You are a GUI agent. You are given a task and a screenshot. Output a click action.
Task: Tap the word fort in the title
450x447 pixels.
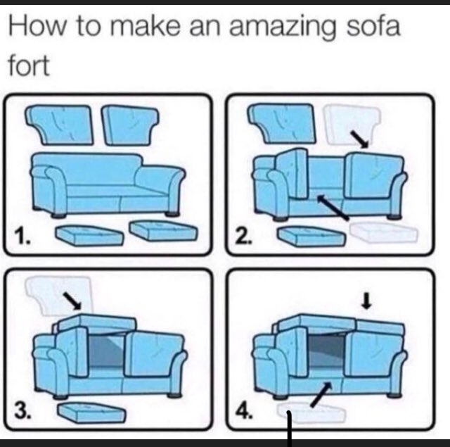[29, 65]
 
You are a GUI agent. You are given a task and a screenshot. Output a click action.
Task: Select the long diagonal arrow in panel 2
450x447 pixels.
[333, 207]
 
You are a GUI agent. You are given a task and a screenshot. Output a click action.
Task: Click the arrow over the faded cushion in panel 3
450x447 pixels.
[72, 301]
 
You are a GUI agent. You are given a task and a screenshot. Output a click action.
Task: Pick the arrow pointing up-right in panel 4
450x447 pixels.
[321, 394]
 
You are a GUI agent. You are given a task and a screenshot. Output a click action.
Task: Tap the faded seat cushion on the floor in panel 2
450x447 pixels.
[383, 232]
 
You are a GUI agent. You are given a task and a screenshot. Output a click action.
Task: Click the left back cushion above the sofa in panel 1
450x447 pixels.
[61, 124]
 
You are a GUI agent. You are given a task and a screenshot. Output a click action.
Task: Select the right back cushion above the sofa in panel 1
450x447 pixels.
[129, 125]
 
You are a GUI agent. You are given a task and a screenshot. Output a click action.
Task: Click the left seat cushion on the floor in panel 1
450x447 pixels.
[89, 234]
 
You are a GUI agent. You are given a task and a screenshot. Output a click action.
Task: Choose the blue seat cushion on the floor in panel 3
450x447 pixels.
[92, 413]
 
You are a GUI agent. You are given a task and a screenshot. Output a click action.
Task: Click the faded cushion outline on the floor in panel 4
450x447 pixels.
[311, 413]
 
